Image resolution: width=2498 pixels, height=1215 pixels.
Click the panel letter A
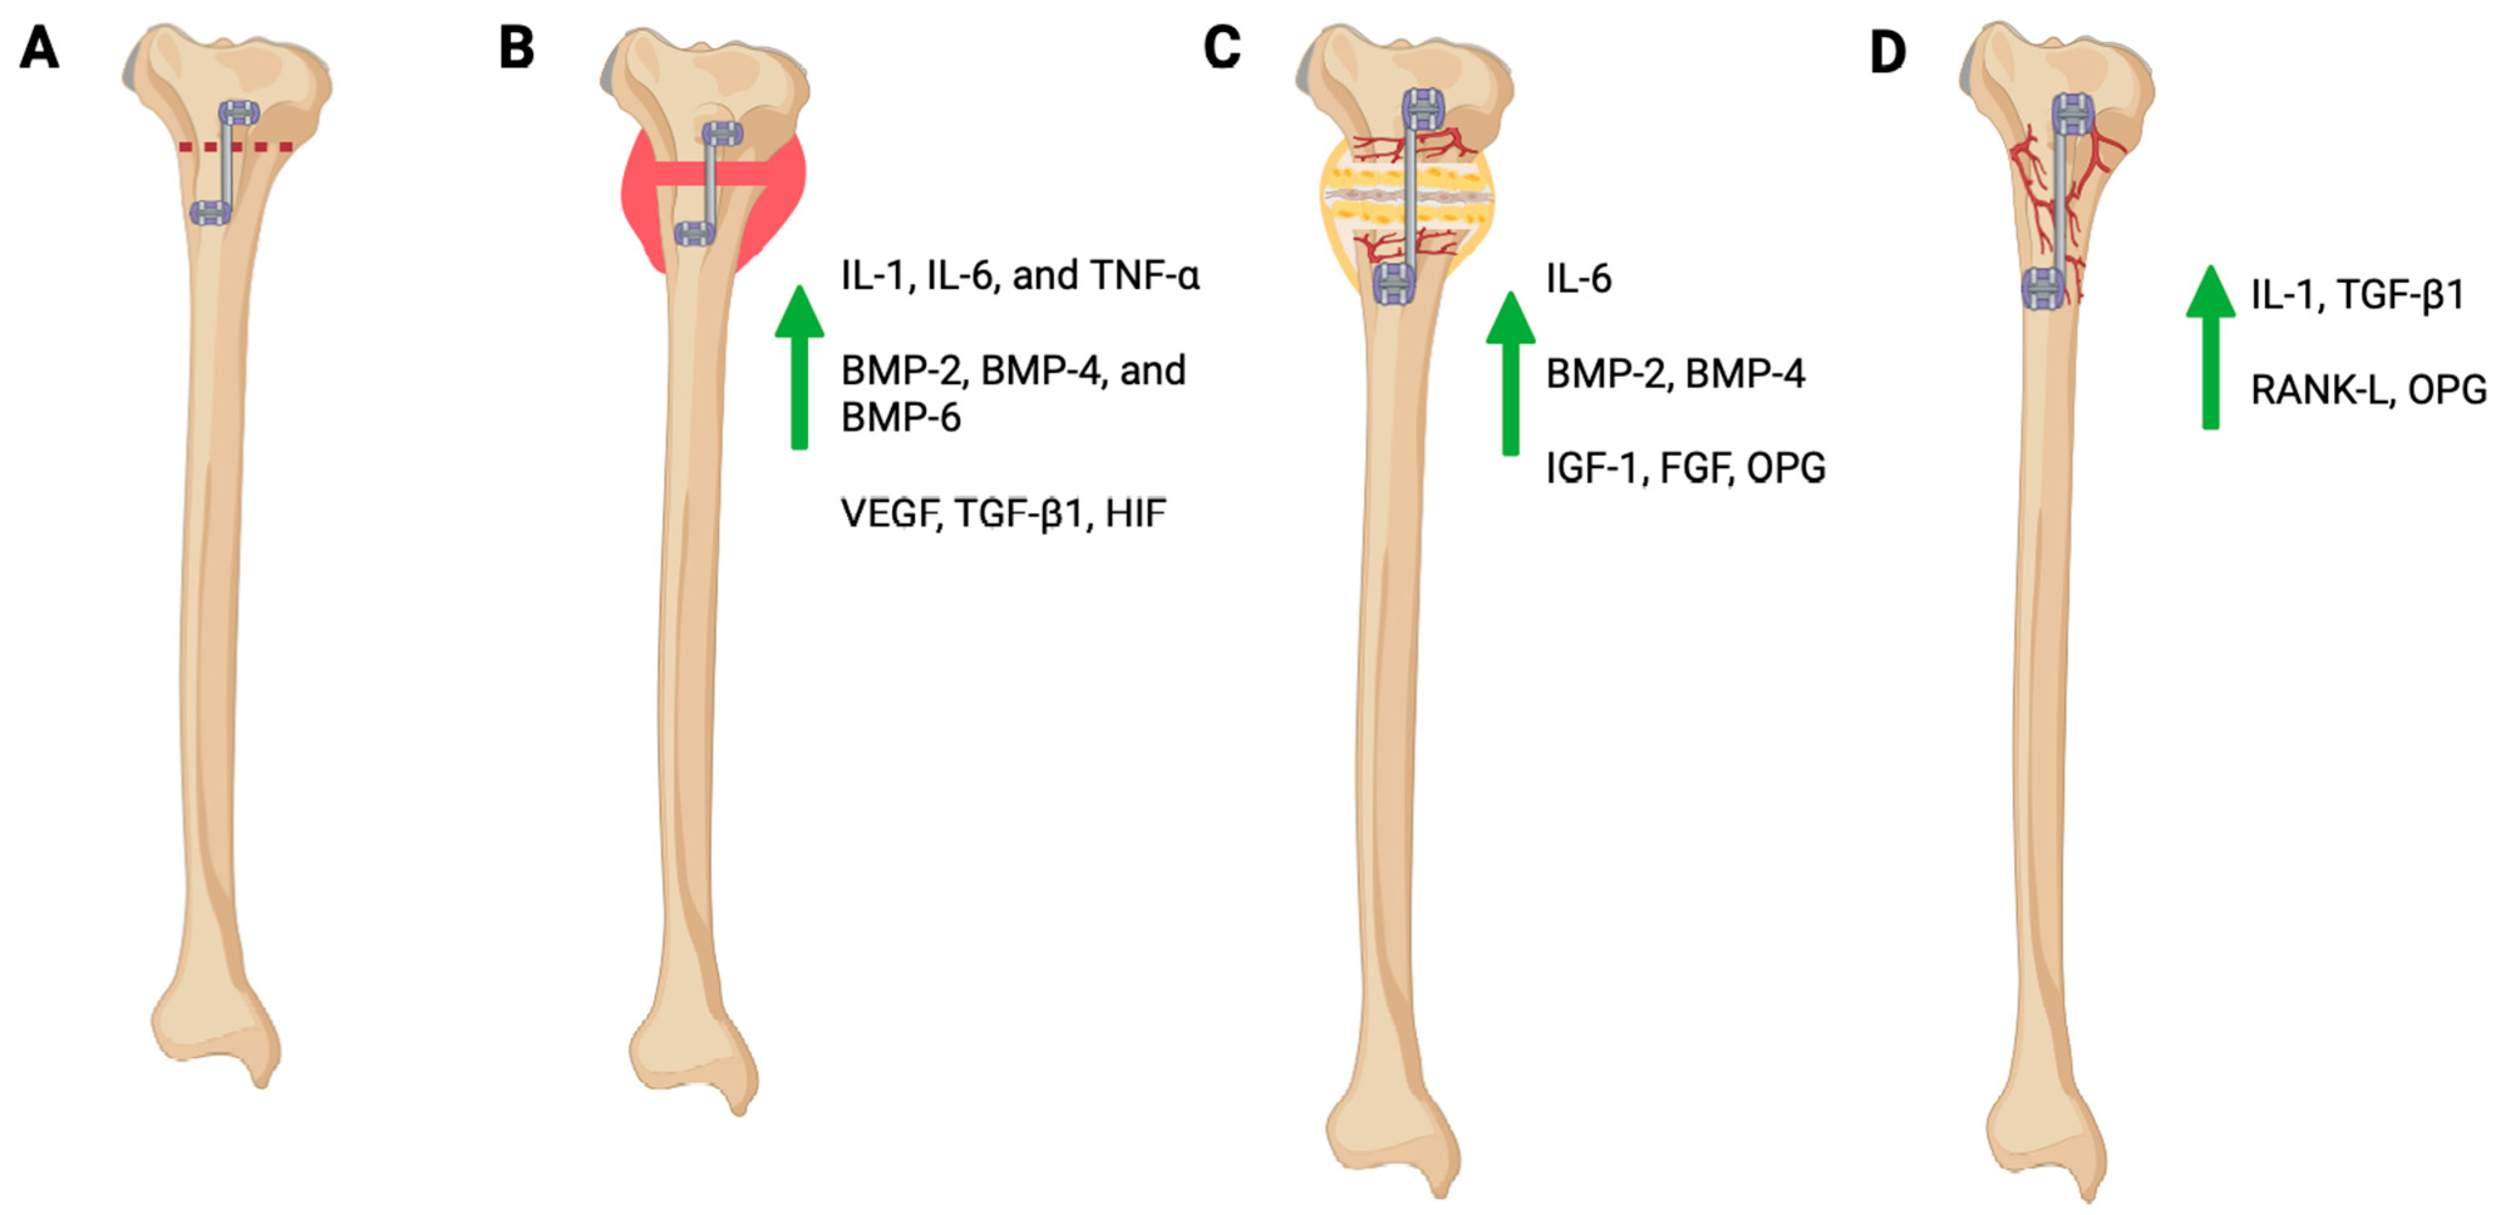pyautogui.click(x=39, y=48)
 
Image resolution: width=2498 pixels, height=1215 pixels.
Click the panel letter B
pyautogui.click(x=516, y=48)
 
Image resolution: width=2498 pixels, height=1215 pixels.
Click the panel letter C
pyautogui.click(x=1222, y=48)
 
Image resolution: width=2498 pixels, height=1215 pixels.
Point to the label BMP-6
pyautogui.click(x=900, y=418)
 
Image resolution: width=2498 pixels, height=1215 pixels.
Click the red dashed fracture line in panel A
pyautogui.click(x=236, y=147)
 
